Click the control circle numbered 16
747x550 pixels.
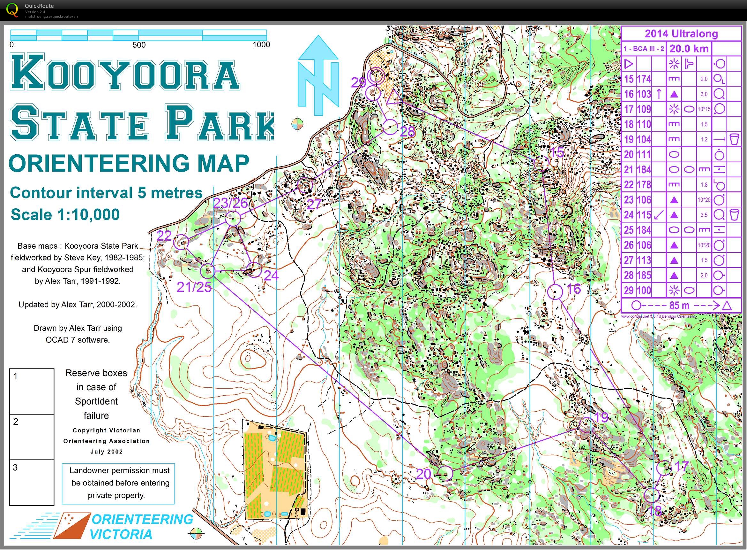pyautogui.click(x=555, y=292)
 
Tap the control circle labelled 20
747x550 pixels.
pyautogui.click(x=445, y=473)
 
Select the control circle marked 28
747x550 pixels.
pyautogui.click(x=390, y=127)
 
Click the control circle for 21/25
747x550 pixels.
pyautogui.click(x=208, y=271)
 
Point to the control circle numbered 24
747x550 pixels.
pyautogui.click(x=255, y=269)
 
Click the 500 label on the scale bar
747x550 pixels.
pyautogui.click(x=139, y=45)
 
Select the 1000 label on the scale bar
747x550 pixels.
pyautogui.click(x=261, y=45)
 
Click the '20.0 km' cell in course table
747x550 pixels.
pyautogui.click(x=689, y=49)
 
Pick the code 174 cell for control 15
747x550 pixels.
pyautogui.click(x=644, y=79)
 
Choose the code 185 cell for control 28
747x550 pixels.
pyautogui.click(x=644, y=275)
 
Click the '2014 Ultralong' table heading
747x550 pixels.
pyautogui.click(x=681, y=34)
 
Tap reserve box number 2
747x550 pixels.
pyautogui.click(x=32, y=437)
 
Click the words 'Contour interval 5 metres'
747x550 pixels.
pyautogui.click(x=106, y=193)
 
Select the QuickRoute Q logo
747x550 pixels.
pyautogui.click(x=12, y=9)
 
